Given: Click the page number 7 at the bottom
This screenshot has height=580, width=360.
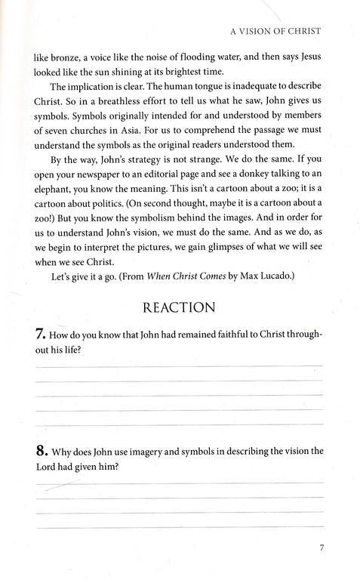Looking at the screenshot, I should click(x=321, y=548).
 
